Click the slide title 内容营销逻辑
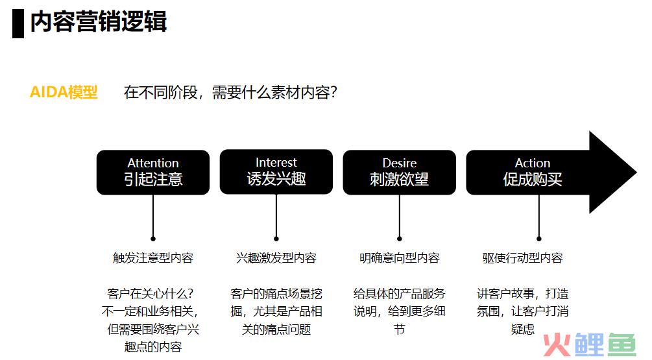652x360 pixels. pyautogui.click(x=99, y=21)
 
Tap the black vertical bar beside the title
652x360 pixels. pyautogui.click(x=18, y=23)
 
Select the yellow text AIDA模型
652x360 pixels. pyautogui.click(x=64, y=92)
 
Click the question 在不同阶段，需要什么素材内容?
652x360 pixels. pyautogui.click(x=230, y=92)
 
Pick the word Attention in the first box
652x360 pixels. pyautogui.click(x=153, y=163)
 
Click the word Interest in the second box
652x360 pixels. pyautogui.click(x=276, y=162)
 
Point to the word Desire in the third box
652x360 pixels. pyautogui.click(x=399, y=163)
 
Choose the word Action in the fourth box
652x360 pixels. pyautogui.click(x=533, y=163)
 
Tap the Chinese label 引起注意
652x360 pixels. pyautogui.click(x=153, y=179)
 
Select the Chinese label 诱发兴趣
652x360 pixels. pyautogui.click(x=276, y=179)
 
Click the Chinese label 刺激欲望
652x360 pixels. pyautogui.click(x=399, y=179)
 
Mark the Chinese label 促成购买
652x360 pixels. pyautogui.click(x=533, y=179)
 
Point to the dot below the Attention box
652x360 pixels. pyautogui.click(x=153, y=239)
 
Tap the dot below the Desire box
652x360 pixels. pyautogui.click(x=399, y=239)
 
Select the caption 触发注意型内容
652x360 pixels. pyautogui.click(x=153, y=258)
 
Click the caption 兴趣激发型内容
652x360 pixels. pyautogui.click(x=276, y=258)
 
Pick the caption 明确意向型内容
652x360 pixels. pyautogui.click(x=399, y=258)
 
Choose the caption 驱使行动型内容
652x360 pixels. pyautogui.click(x=522, y=258)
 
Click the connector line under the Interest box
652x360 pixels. pyautogui.click(x=276, y=215)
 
